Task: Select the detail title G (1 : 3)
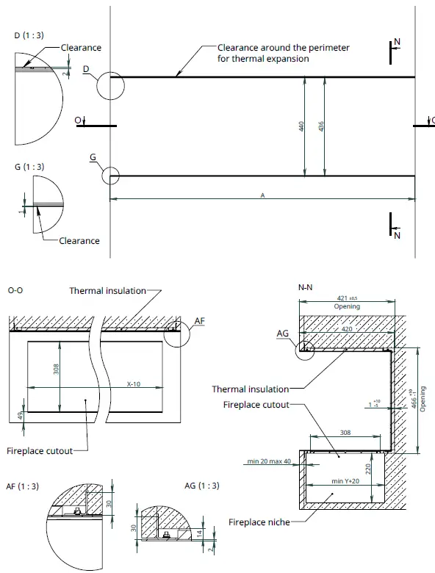pyautogui.click(x=29, y=167)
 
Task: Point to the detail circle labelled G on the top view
pyautogui.click(x=110, y=176)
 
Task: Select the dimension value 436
pyautogui.click(x=321, y=126)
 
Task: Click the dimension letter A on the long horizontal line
pyautogui.click(x=262, y=195)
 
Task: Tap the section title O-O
pyautogui.click(x=16, y=291)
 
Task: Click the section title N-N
pyautogui.click(x=307, y=290)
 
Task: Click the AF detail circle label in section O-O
pyautogui.click(x=201, y=320)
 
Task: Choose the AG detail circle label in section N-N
pyautogui.click(x=281, y=333)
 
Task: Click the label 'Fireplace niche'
pyautogui.click(x=259, y=522)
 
